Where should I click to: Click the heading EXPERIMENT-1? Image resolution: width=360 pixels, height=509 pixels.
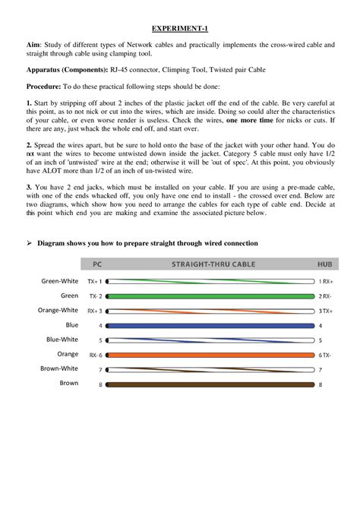click(180, 28)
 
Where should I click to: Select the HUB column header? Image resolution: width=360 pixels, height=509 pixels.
click(324, 265)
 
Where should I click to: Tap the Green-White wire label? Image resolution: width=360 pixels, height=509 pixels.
click(59, 280)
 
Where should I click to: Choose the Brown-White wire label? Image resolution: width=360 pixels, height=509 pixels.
click(59, 368)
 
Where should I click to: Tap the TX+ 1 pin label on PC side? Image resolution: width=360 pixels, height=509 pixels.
click(95, 281)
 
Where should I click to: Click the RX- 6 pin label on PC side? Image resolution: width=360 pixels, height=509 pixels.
click(95, 355)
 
